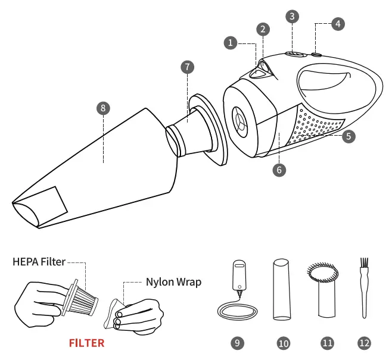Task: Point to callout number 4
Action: coord(338,24)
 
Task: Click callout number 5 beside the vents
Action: coord(349,136)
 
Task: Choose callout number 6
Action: coord(279,169)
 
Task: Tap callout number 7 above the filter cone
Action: coord(188,67)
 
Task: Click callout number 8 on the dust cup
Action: coord(103,108)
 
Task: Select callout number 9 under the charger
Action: coord(237,343)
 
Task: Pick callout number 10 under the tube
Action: coord(283,343)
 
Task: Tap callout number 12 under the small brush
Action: coord(364,343)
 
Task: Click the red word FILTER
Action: coord(86,343)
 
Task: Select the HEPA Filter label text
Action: coord(39,261)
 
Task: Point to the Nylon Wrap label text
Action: coord(173,282)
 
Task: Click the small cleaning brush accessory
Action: coord(362,289)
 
